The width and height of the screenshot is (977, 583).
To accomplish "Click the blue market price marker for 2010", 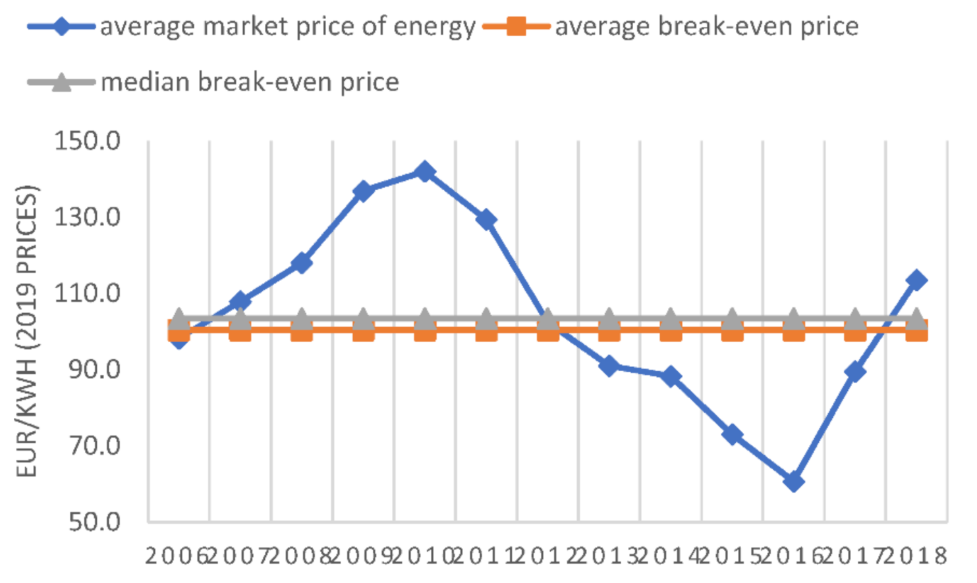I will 425,172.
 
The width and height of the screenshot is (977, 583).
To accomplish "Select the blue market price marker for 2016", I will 794,482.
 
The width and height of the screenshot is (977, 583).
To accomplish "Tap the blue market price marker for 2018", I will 916,280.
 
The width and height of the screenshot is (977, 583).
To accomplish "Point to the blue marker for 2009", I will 363,191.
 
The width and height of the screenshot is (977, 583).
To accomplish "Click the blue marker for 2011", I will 486,220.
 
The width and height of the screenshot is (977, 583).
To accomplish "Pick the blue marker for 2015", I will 733,435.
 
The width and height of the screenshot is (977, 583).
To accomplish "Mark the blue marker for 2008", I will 302,263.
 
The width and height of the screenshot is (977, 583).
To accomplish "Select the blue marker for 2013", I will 609,366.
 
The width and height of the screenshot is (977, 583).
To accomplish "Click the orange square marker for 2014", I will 671,330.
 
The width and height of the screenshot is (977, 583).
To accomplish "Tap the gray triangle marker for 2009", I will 363,319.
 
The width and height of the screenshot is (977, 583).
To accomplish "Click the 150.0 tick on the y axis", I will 87,141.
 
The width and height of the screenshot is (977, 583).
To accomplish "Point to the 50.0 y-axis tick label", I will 94,522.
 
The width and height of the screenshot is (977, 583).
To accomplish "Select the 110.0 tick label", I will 87,293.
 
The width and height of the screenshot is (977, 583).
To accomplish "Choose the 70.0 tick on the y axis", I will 94,445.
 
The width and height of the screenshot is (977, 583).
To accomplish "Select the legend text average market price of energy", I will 287,27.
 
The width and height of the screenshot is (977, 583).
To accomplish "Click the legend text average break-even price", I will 706,27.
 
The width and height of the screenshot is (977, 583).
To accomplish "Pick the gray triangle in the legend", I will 61,82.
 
